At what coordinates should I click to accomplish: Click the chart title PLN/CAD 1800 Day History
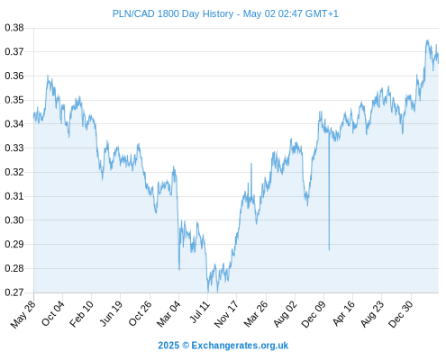coord(173,13)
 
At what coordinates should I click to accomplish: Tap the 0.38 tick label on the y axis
coord(14,28)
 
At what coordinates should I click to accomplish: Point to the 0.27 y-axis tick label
coord(14,292)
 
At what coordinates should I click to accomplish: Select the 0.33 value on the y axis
coord(14,148)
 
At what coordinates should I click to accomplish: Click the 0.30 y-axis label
coord(14,220)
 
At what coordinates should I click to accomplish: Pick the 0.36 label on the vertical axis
coord(14,76)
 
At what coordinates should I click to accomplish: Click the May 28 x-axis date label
coord(23,314)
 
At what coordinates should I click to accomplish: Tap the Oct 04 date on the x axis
coord(53,313)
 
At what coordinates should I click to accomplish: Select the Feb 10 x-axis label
coord(81,314)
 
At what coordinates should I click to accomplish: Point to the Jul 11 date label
coord(200,312)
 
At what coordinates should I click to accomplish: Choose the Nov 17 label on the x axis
coord(226,314)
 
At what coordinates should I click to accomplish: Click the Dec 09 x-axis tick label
coord(314,314)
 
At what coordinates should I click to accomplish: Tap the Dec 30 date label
coord(401,314)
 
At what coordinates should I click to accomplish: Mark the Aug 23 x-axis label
coord(372,314)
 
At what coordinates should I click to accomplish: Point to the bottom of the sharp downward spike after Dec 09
coord(329,249)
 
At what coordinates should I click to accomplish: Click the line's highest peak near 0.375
coord(427,40)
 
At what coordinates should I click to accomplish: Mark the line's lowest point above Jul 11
coord(208,292)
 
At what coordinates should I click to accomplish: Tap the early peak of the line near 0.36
coord(48,76)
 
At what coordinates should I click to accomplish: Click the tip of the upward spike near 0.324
coord(251,164)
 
